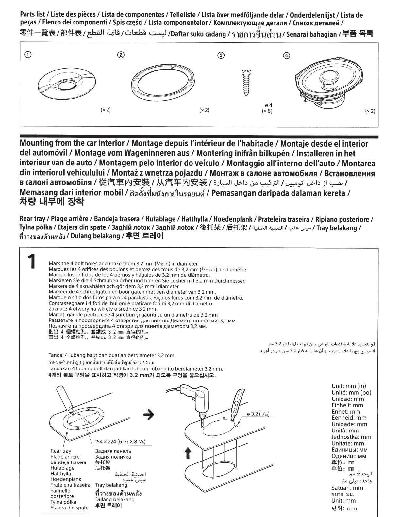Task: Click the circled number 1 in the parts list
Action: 28,55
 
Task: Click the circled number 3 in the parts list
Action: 221,55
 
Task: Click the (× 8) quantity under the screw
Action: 267,111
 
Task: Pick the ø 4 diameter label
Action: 268,105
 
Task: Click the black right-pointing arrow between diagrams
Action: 149,415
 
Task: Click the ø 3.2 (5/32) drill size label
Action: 258,414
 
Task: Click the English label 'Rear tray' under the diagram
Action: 61,451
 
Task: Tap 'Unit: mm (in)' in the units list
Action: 349,386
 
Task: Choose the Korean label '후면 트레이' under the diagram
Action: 108,505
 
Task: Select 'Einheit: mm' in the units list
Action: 347,405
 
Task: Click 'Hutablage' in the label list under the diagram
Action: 62,468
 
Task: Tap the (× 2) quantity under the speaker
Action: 370,111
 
